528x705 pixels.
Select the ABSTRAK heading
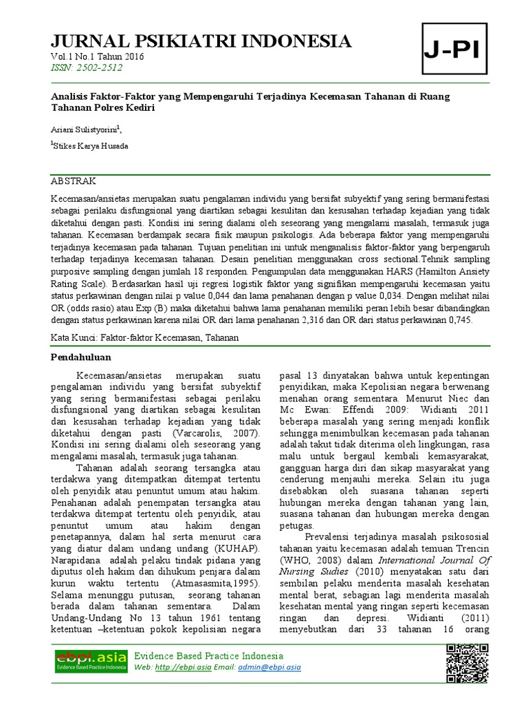coord(75,181)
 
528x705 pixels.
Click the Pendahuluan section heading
coord(82,358)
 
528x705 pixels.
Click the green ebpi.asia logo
coord(91,662)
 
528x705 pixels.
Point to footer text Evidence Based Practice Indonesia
coord(208,655)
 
